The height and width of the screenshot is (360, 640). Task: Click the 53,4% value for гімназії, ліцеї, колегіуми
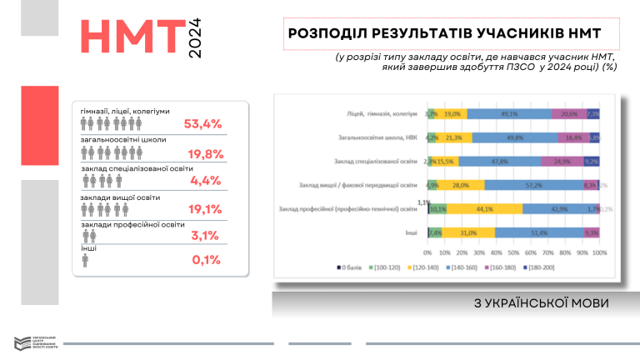(x=202, y=124)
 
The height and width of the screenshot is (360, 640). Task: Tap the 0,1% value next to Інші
(x=205, y=259)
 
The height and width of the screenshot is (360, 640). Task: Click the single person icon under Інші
(x=86, y=261)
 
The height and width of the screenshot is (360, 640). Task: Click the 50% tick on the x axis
(x=513, y=252)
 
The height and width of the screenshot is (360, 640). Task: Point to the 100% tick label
(x=598, y=252)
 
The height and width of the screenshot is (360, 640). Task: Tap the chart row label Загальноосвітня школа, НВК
(x=376, y=137)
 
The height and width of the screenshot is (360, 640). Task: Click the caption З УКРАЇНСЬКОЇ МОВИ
(x=539, y=302)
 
